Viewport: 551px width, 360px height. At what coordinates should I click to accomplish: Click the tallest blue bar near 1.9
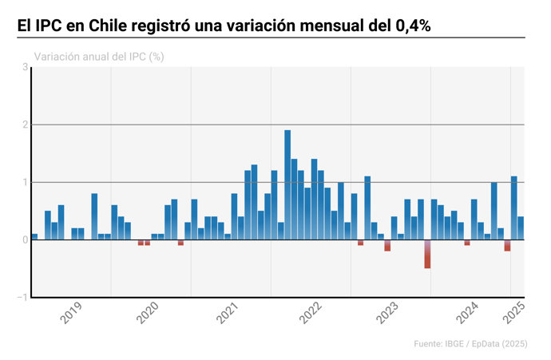[x=287, y=184]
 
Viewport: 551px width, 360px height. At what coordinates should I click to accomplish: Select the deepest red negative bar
[x=427, y=254]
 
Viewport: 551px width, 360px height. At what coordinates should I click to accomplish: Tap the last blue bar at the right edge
[x=521, y=228]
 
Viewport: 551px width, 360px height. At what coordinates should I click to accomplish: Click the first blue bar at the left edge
[x=34, y=236]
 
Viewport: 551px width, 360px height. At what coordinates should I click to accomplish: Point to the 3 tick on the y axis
[x=25, y=68]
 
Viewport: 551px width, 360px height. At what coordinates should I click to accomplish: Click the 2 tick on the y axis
[x=25, y=125]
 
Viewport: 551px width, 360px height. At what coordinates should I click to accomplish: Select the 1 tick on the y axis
[x=25, y=183]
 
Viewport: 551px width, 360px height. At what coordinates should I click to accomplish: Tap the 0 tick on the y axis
[x=25, y=240]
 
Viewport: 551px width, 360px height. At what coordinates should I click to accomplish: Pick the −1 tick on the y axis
[x=23, y=298]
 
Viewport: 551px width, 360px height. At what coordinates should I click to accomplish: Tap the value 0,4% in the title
[x=413, y=26]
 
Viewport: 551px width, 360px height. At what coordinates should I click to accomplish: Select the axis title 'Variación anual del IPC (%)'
[x=99, y=57]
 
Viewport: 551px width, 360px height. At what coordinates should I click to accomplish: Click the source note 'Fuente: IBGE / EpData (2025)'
[x=470, y=344]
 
